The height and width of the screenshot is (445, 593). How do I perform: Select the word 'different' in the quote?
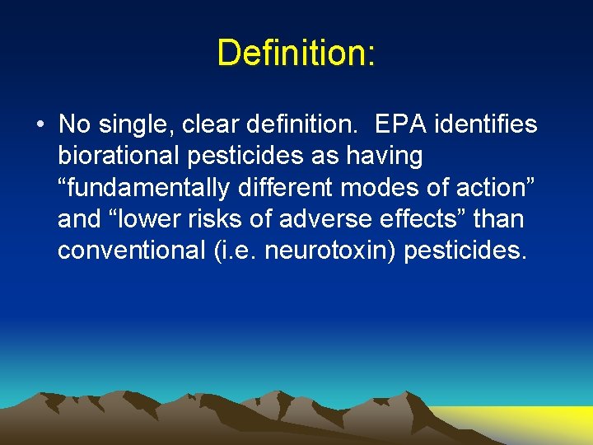280,187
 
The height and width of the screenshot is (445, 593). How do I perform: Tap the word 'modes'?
370,187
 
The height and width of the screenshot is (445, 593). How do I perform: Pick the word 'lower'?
144,218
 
